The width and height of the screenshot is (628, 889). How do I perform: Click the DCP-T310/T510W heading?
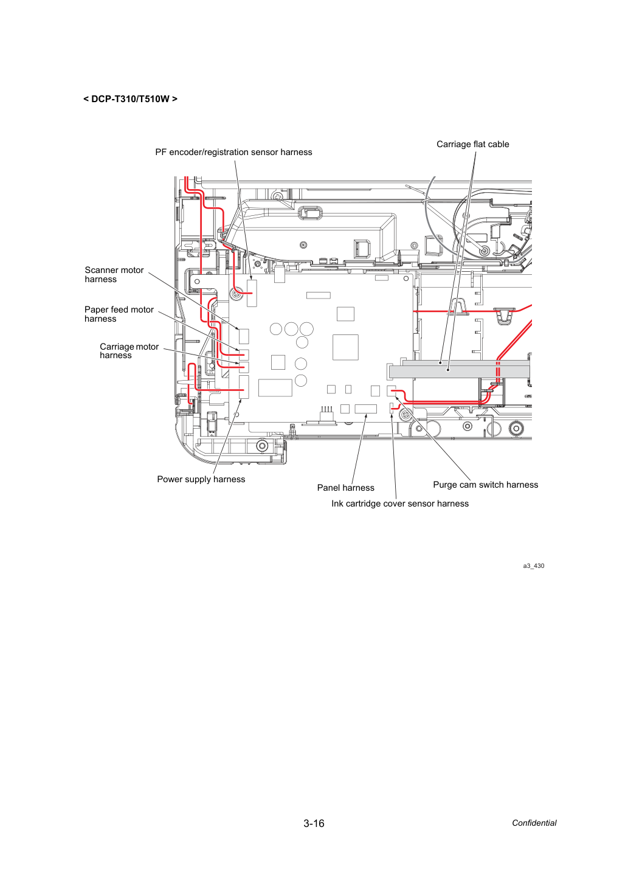coord(130,99)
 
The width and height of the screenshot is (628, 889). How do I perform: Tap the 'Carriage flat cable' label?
coord(472,144)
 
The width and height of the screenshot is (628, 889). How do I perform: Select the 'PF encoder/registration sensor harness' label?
coord(233,152)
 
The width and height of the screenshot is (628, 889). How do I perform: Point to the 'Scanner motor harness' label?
coord(114,274)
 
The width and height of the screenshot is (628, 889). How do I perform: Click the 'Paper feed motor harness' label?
coord(119,314)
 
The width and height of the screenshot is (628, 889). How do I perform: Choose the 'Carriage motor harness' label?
coord(129,351)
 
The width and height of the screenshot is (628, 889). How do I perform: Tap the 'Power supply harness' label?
coord(201,479)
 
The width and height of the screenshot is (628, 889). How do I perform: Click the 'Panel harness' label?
coord(345,488)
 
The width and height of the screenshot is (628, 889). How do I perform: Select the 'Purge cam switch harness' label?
coord(486,485)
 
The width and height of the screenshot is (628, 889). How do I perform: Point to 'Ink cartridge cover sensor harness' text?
coord(400,503)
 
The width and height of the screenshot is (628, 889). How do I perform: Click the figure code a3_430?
coord(534,566)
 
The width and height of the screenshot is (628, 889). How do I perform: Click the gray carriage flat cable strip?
coord(460,372)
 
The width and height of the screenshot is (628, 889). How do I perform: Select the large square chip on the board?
coord(345,347)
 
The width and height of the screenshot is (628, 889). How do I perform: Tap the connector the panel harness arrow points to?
coord(365,409)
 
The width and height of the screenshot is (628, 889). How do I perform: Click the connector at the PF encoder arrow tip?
coord(252,293)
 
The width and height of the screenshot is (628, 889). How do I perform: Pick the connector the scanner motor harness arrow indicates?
coord(244,336)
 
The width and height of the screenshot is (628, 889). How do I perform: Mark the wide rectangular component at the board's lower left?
coord(275,388)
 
